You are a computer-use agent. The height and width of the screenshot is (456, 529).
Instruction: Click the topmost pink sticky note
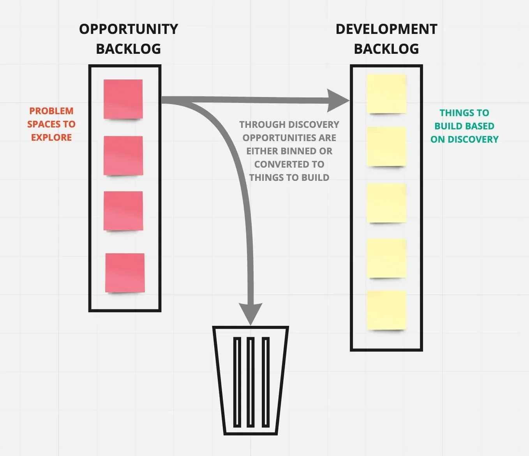(x=123, y=99)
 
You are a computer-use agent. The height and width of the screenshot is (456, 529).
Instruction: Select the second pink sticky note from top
(x=123, y=156)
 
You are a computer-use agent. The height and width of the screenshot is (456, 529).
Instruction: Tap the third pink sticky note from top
(x=123, y=211)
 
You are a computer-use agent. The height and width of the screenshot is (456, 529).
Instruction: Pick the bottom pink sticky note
(x=125, y=273)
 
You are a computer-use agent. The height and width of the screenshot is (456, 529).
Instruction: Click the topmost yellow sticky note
(x=386, y=94)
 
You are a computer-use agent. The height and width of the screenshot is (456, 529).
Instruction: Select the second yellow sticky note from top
(x=386, y=146)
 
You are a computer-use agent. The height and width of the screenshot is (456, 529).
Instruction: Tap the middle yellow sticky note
(x=386, y=203)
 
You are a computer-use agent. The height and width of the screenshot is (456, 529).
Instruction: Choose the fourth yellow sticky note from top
(x=386, y=258)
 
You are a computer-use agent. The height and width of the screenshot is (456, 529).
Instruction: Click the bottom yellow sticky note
(x=386, y=310)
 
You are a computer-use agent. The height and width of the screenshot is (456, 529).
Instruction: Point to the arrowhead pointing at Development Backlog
(x=338, y=101)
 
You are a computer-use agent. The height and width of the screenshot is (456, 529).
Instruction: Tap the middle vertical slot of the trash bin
(x=250, y=382)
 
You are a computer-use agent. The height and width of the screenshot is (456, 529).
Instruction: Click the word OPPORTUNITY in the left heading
(x=129, y=29)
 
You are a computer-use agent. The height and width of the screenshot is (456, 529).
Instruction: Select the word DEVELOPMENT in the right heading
(x=386, y=29)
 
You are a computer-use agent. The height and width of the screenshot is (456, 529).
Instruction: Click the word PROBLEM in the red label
(x=51, y=111)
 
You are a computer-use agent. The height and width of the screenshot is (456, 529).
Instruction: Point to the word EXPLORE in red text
(x=51, y=138)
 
